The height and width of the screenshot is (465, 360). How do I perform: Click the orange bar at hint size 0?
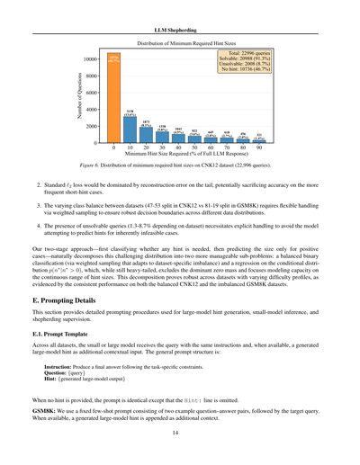click(114, 99)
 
